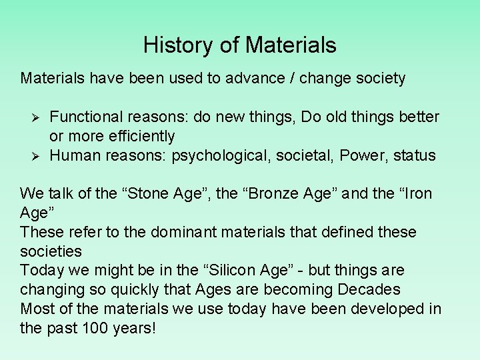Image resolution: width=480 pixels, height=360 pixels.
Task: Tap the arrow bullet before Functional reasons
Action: [x=37, y=117]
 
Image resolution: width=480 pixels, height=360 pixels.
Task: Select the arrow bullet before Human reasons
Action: [x=37, y=156]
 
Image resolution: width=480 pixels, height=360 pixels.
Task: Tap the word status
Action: [x=414, y=155]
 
